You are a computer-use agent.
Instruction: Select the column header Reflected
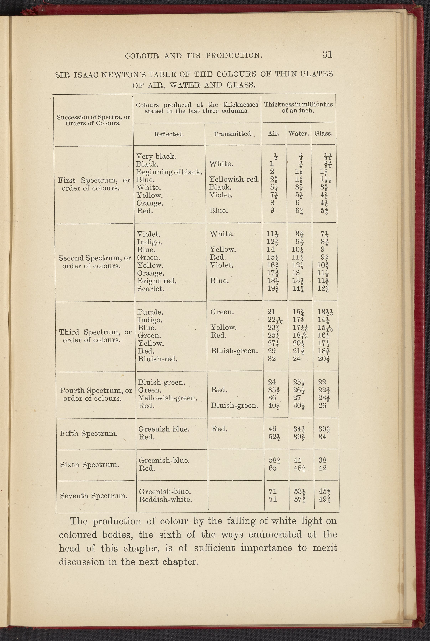pos(169,134)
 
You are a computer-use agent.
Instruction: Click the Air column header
pos(273,134)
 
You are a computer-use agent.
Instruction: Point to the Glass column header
pos(323,134)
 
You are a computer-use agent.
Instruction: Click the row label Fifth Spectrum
pos(89,434)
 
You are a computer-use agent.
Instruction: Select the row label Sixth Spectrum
pos(89,465)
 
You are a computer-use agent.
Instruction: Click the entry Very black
pos(156,157)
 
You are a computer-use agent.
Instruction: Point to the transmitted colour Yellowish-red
pos(234,180)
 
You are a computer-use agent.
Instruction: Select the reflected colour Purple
pos(150,312)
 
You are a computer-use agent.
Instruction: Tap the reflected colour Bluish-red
pos(158,359)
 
